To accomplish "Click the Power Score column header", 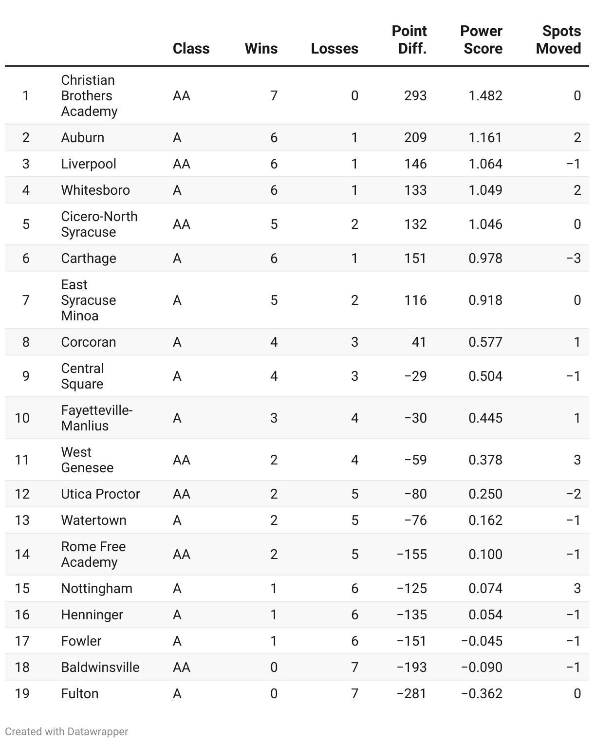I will click(x=481, y=40).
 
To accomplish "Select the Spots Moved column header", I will click(x=558, y=40).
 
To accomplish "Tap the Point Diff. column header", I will click(x=409, y=40).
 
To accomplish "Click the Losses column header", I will click(x=334, y=49).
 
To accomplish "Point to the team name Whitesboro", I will click(x=95, y=190).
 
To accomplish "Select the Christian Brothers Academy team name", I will click(x=89, y=96).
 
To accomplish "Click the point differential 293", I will click(x=415, y=96).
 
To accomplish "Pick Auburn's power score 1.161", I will click(x=485, y=138).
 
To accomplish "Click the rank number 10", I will click(x=22, y=418).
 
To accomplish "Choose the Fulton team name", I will click(x=80, y=694).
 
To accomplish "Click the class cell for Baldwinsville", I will click(x=182, y=668).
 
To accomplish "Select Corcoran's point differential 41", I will click(x=419, y=342).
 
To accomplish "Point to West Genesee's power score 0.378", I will click(x=485, y=460).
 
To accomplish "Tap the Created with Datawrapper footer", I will click(x=67, y=732).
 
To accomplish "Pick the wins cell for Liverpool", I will click(x=274, y=164).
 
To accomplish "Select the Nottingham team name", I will click(x=96, y=589).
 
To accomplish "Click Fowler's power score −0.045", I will click(x=482, y=641).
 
